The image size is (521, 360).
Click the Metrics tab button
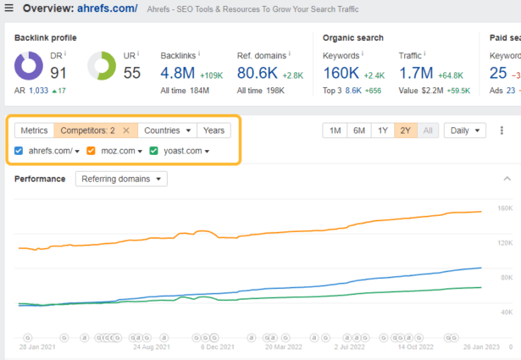(x=34, y=130)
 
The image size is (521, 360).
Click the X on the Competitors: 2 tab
(x=126, y=130)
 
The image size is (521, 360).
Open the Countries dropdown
(x=167, y=130)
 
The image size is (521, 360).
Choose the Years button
(x=213, y=130)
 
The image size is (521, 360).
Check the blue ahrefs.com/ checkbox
(x=19, y=152)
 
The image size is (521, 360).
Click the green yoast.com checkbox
(x=154, y=152)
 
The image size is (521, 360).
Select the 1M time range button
(x=335, y=130)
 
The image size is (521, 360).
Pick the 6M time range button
(x=359, y=130)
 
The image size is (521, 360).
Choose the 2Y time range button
(x=406, y=130)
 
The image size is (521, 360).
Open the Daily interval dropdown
(x=465, y=130)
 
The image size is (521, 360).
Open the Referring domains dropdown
(x=121, y=179)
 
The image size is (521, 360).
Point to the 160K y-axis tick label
(x=504, y=208)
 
